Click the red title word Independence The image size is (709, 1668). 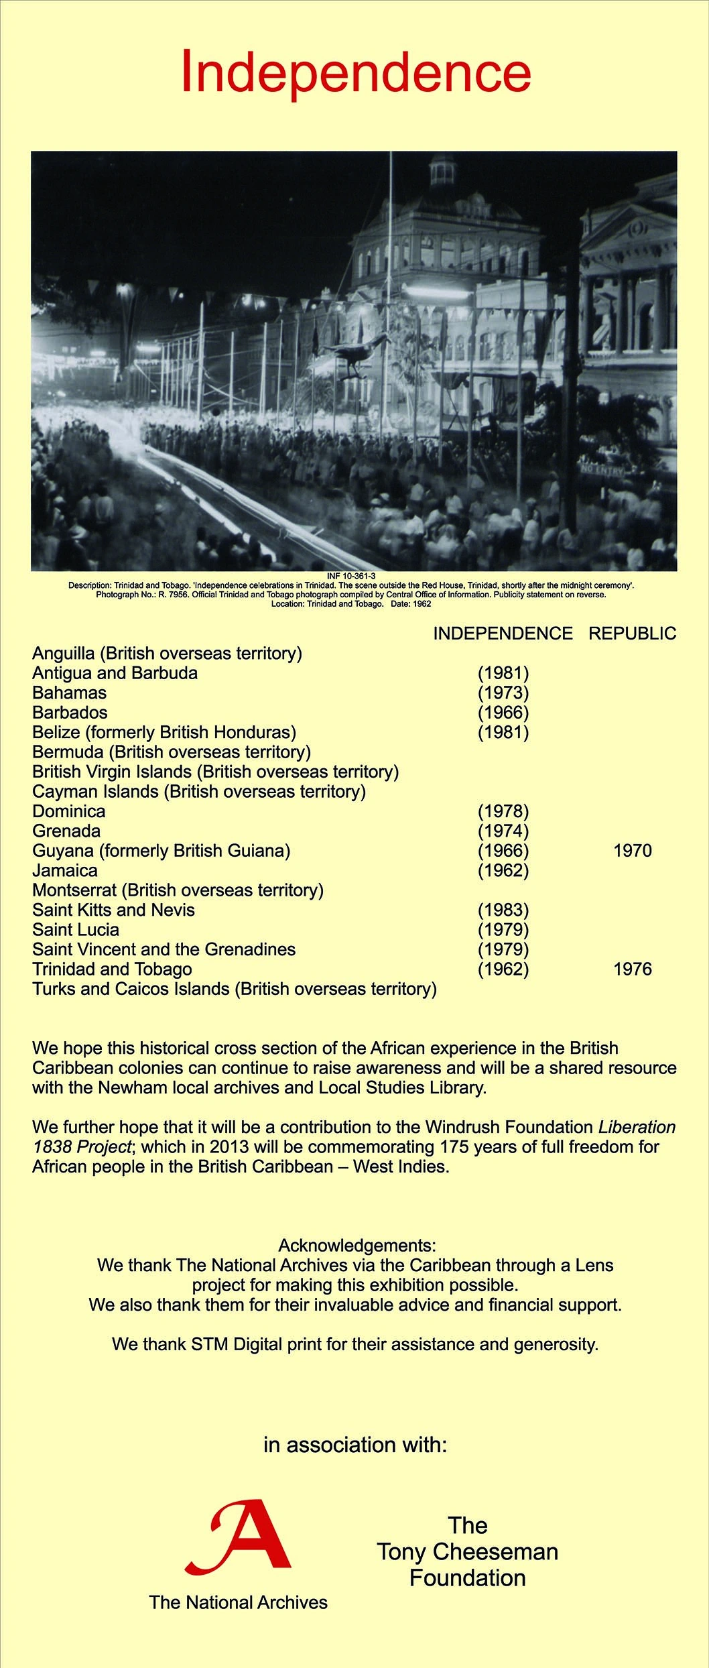[356, 72]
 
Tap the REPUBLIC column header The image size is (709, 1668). [632, 634]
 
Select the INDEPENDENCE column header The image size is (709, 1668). [503, 634]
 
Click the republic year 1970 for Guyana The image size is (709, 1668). [632, 851]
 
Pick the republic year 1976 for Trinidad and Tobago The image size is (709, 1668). [632, 969]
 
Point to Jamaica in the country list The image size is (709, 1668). [65, 870]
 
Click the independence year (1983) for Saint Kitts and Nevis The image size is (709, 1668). [503, 910]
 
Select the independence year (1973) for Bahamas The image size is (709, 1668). [503, 693]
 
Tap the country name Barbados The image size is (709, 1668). [70, 712]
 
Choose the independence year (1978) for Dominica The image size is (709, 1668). [503, 811]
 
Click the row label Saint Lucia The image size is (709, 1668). [76, 929]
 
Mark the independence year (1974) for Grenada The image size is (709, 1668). [503, 831]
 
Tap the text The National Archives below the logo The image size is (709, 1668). [239, 1602]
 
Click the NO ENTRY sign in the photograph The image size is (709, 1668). [601, 470]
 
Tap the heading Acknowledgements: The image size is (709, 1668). [357, 1246]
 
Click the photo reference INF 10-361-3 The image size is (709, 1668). [351, 576]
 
